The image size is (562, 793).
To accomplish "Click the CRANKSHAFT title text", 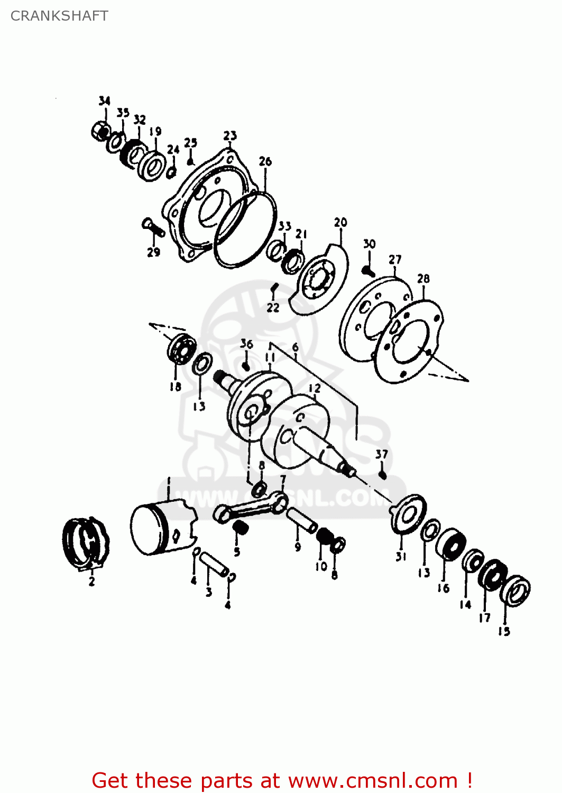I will pyautogui.click(x=59, y=16).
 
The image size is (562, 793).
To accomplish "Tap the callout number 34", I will pyautogui.click(x=105, y=100).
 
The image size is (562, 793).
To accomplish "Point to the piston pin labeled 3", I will pyautogui.click(x=214, y=565).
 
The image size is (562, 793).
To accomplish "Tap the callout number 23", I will pyautogui.click(x=230, y=136).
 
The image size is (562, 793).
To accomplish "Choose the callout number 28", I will pyautogui.click(x=423, y=279).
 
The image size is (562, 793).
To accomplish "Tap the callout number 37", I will pyautogui.click(x=382, y=454).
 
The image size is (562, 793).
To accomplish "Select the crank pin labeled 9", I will pyautogui.click(x=302, y=520).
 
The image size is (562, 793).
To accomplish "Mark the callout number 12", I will pyautogui.click(x=315, y=388).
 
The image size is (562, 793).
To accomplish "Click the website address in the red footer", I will pyautogui.click(x=373, y=780).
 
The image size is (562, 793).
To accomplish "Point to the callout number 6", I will pyautogui.click(x=295, y=347).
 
